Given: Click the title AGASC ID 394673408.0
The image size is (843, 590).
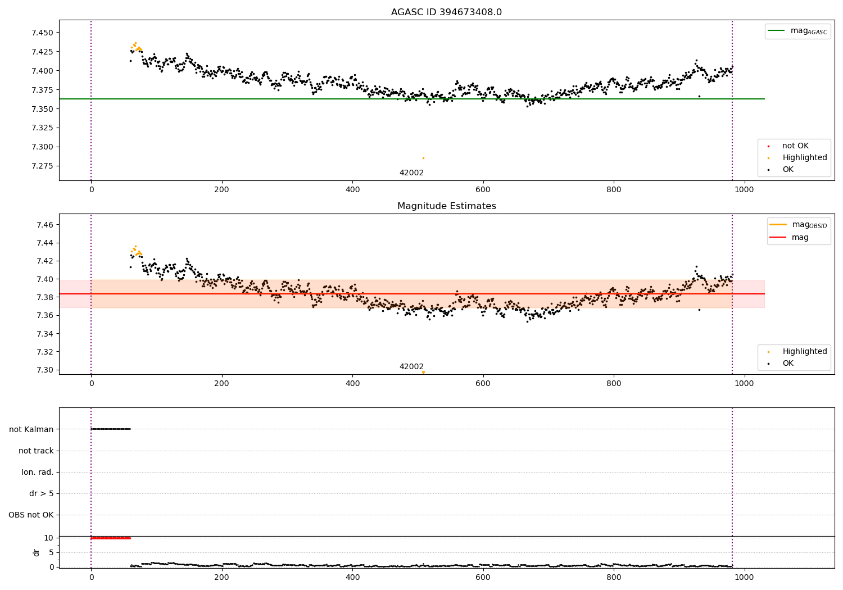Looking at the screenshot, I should pos(446,12).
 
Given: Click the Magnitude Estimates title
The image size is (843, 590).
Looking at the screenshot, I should pos(446,206).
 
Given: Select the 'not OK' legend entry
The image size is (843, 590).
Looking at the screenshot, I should pos(795,146).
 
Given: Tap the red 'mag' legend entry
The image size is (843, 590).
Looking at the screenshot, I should pos(800,237).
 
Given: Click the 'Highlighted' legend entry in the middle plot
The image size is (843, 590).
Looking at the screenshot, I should pos(804,351).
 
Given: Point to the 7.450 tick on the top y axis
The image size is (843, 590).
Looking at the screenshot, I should pos(42,33).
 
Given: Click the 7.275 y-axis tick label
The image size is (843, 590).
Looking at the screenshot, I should pos(42,166).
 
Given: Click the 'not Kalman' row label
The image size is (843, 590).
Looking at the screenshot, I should pos(31,429).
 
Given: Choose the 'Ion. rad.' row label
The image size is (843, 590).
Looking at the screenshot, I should pos(38,472).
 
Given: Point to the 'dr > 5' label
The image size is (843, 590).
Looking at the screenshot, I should pos(42,493).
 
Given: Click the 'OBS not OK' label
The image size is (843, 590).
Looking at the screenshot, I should pos(31,515).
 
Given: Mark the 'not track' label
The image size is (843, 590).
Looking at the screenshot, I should pos(36,451).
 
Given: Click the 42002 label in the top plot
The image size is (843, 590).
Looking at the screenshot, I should pos(411,173).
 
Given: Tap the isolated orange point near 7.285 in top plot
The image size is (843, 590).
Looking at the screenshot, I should pos(423,158).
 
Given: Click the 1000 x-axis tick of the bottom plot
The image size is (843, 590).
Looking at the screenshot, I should pos(745,577).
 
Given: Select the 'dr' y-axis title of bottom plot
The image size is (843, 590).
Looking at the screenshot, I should pos(37,552).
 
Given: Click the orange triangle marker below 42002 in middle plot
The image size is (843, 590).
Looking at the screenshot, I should pos(423,373).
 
